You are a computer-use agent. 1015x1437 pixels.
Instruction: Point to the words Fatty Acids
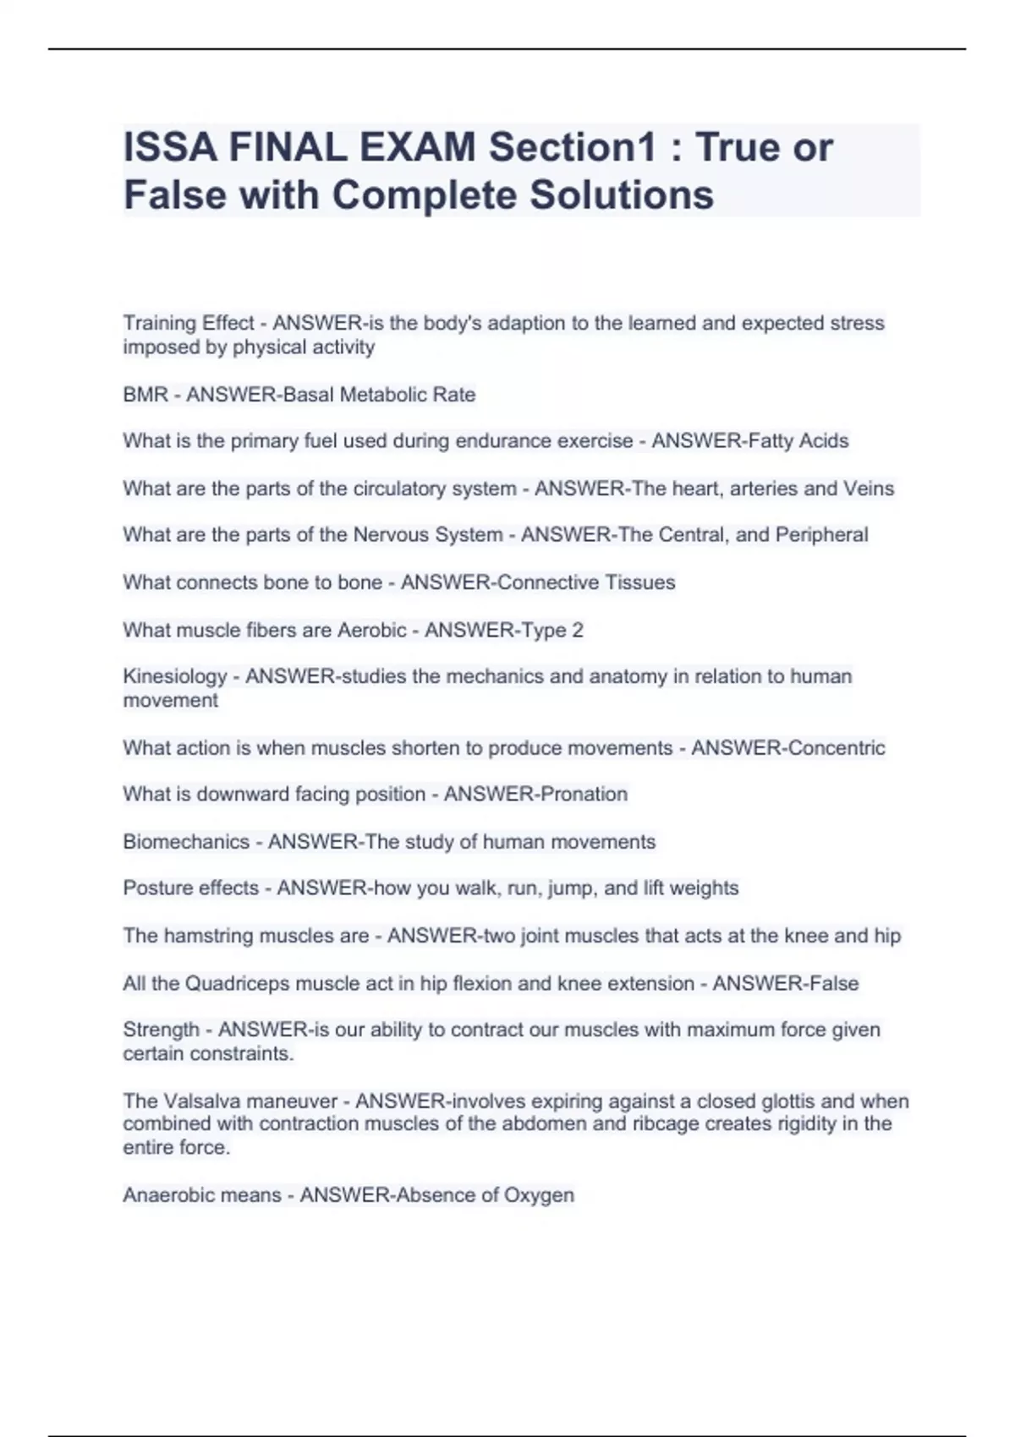click(799, 441)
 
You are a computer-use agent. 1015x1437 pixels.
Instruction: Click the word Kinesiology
click(175, 677)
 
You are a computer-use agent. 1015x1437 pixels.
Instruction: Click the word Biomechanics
click(186, 842)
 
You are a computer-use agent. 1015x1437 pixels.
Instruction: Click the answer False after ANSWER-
click(834, 984)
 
